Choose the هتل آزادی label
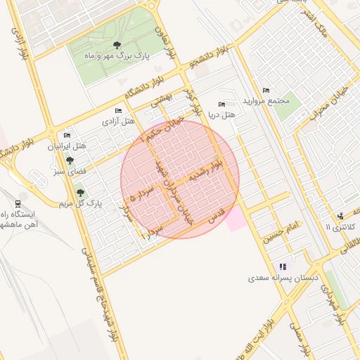point(118,121)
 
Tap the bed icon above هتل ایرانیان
point(67,135)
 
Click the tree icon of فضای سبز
point(68,160)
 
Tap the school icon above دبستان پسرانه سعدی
point(283,266)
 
